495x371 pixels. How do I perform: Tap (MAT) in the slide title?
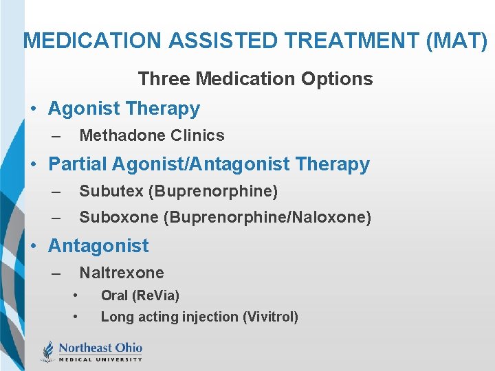(458, 41)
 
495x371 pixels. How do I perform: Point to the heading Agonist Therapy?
(124, 109)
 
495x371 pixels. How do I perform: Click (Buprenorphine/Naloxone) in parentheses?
(267, 218)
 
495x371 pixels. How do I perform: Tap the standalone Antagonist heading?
(98, 246)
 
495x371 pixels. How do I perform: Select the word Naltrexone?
(122, 273)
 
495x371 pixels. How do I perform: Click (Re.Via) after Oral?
(156, 295)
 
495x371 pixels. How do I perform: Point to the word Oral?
(114, 295)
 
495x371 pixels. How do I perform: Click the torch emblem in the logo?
(48, 350)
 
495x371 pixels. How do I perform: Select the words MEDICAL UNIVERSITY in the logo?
(100, 359)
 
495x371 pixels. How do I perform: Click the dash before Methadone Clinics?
(56, 136)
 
